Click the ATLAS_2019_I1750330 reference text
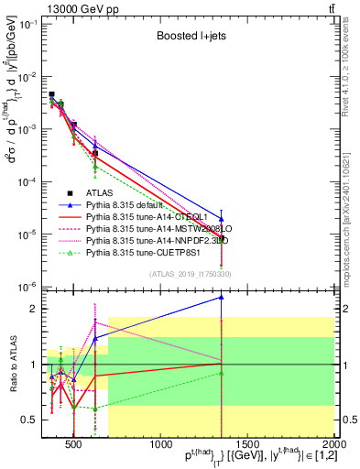coord(191,273)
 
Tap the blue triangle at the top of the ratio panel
coord(221,297)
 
